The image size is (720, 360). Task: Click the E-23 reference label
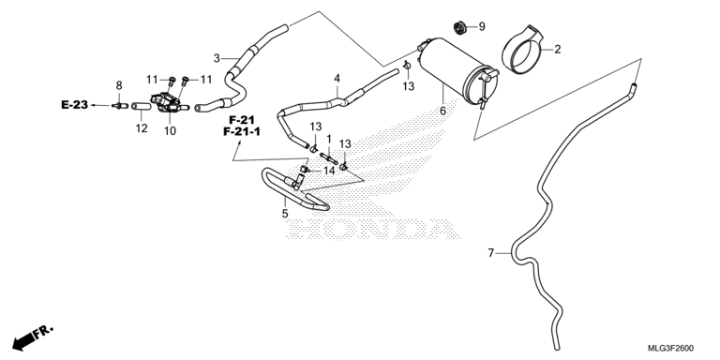click(74, 105)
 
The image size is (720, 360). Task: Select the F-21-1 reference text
click(242, 132)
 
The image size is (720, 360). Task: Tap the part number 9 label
click(482, 26)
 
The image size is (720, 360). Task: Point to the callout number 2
click(558, 49)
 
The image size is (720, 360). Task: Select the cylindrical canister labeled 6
click(457, 73)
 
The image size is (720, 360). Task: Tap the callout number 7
click(491, 253)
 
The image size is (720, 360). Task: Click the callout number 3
click(217, 58)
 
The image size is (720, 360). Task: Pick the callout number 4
click(337, 78)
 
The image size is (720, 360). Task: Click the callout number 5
click(285, 214)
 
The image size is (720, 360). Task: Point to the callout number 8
click(119, 85)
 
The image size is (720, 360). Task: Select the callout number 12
click(142, 128)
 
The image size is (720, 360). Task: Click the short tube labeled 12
click(142, 107)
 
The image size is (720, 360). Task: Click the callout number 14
click(329, 171)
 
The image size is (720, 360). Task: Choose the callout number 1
click(329, 138)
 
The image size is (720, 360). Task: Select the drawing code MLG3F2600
click(671, 348)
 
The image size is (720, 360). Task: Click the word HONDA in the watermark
click(373, 228)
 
